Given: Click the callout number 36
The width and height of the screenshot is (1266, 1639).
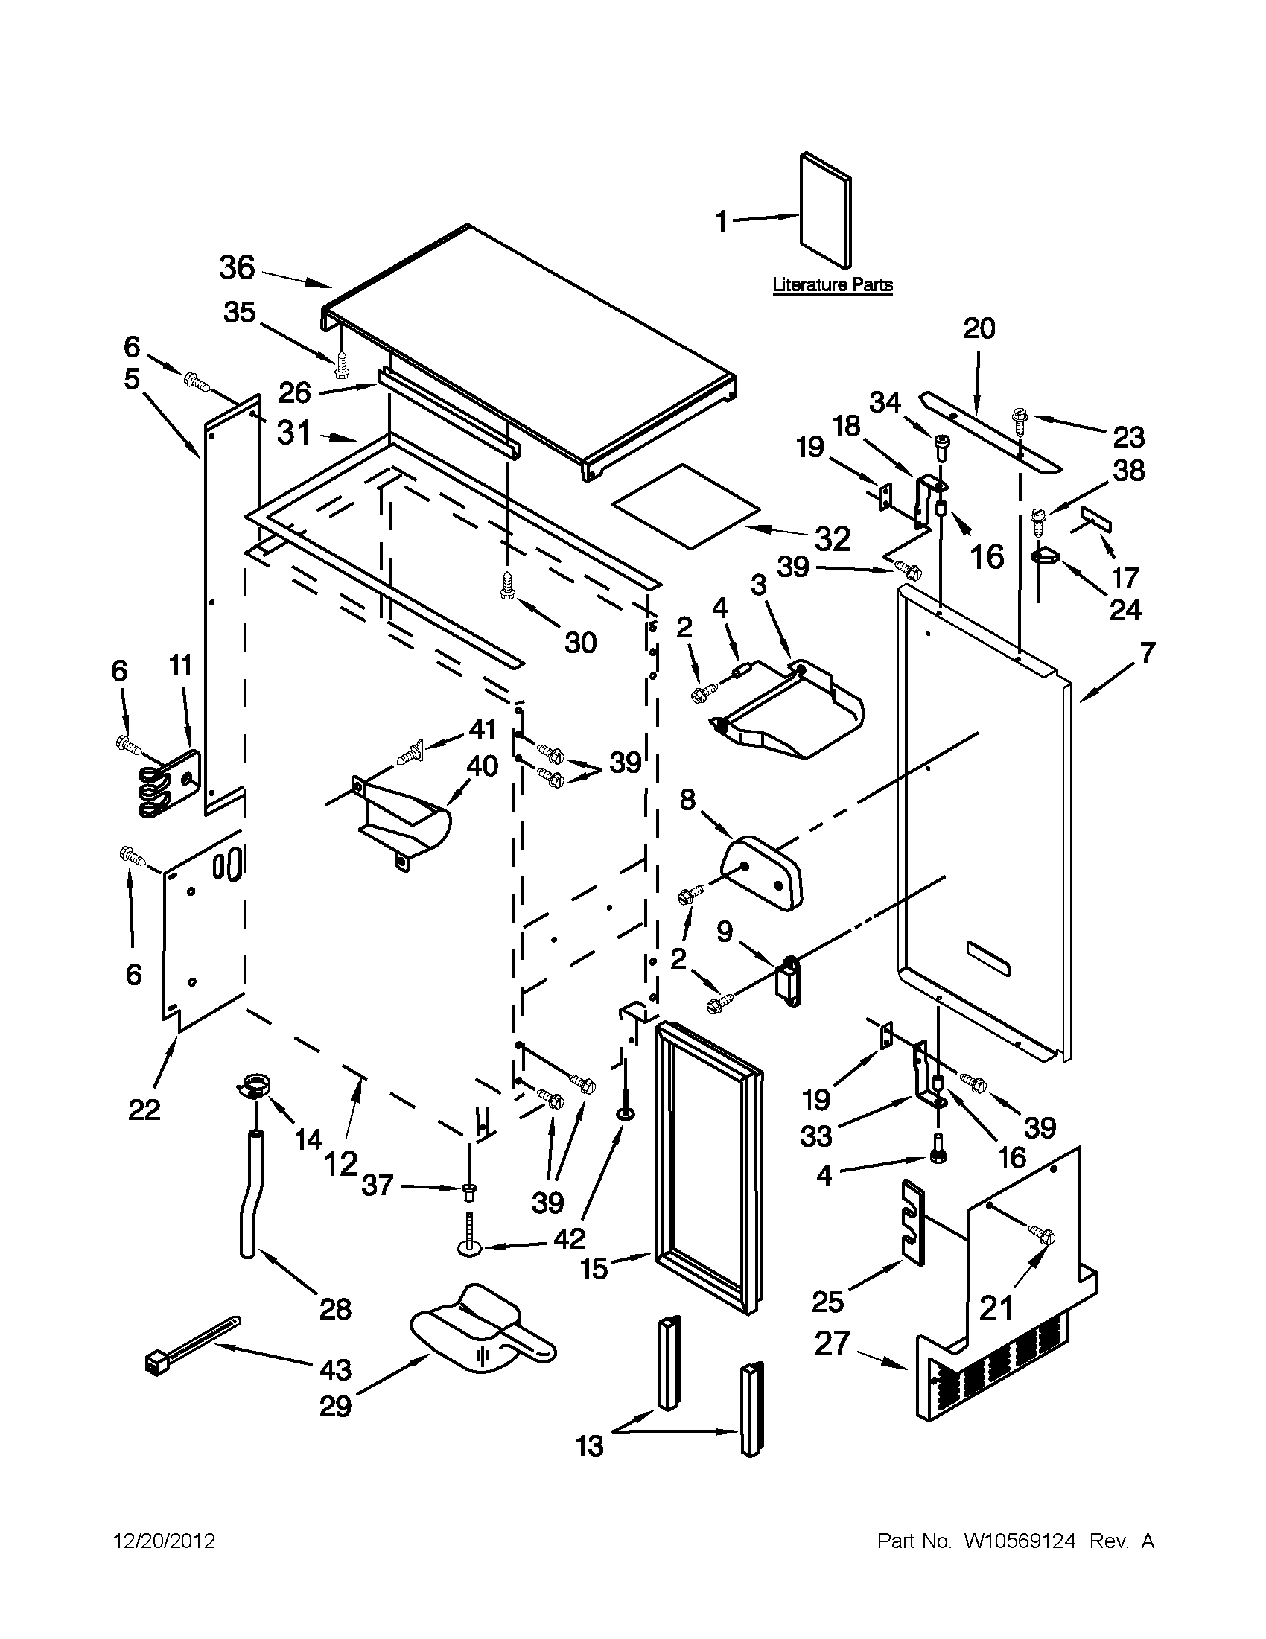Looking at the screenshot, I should point(237,268).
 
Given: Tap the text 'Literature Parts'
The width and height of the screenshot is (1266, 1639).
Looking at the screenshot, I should point(833,285).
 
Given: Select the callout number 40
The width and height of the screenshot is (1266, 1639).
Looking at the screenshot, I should point(483,767).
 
